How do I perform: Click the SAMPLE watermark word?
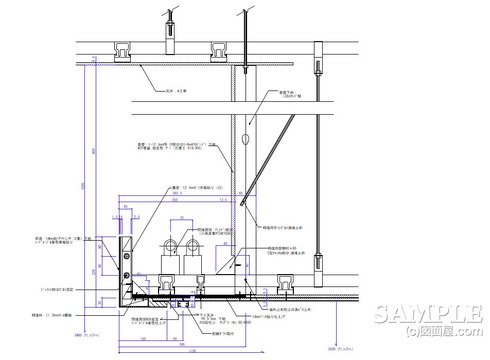coord(430,313)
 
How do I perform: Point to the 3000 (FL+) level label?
coord(342,350)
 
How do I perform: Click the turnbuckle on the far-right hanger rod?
coord(320,261)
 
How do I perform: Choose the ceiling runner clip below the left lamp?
coord(168,284)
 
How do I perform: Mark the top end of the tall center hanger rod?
coord(244,14)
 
